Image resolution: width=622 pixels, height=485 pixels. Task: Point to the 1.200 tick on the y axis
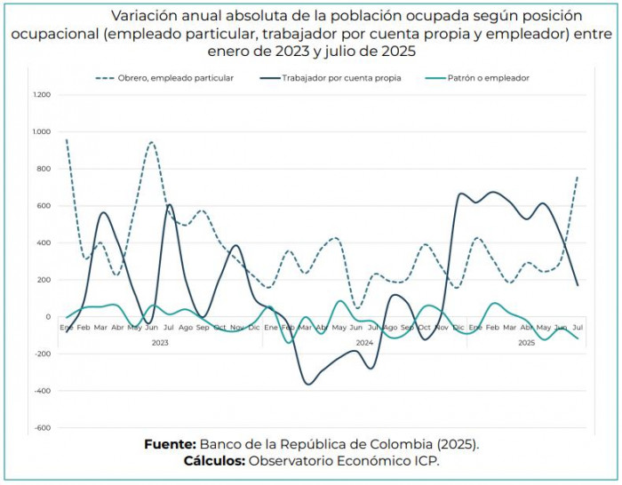point(42,95)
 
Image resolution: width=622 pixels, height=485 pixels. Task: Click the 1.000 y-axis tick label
point(42,131)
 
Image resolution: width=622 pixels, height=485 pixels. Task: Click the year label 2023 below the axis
point(160,342)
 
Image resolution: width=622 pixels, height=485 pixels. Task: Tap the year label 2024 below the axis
point(364,342)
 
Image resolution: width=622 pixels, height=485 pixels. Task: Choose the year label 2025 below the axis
point(525,342)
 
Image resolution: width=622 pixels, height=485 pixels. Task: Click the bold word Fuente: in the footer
point(170,443)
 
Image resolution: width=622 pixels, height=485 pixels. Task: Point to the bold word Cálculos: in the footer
point(214,461)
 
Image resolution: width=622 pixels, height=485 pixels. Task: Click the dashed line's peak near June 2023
point(152,142)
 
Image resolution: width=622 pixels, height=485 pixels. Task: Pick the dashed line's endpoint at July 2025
point(578,176)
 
